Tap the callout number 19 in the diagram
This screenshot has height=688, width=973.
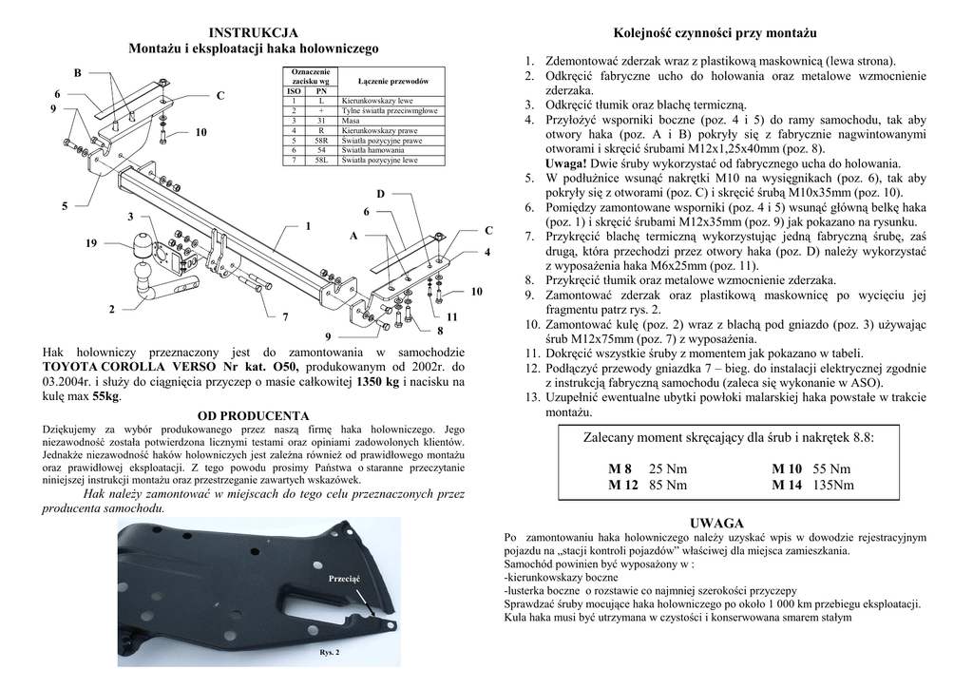(90, 244)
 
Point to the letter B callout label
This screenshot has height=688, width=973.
(78, 73)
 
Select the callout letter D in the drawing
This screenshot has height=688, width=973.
(380, 194)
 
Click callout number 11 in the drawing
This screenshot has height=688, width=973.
(452, 315)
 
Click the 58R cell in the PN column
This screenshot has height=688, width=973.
(321, 141)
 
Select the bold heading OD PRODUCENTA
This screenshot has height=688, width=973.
(253, 415)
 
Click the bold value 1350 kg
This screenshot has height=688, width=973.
(376, 381)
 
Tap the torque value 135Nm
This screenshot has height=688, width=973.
(834, 485)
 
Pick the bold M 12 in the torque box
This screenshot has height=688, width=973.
(623, 485)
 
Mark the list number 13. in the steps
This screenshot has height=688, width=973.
(530, 398)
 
